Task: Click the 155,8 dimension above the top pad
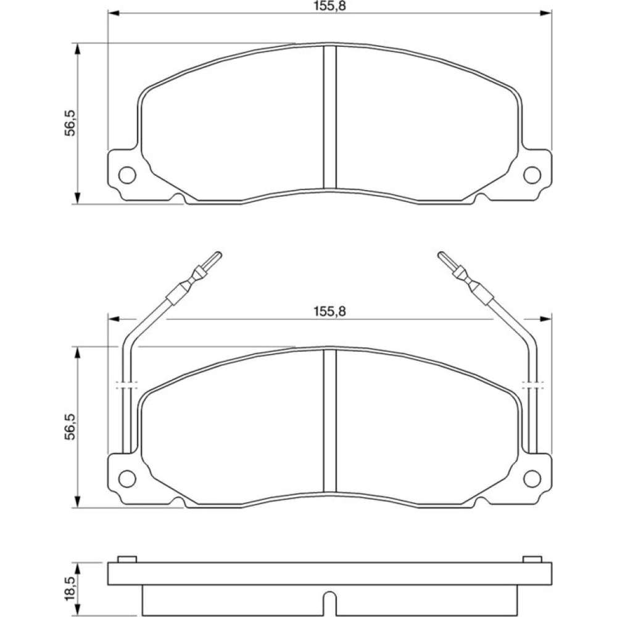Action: [x=329, y=6]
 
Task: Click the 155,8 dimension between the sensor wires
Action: [x=329, y=311]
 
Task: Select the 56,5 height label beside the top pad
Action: [x=70, y=123]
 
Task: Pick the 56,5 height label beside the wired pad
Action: [x=70, y=427]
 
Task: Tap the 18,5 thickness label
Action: [x=70, y=589]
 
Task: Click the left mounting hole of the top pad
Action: [x=127, y=175]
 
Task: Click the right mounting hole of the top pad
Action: [x=532, y=175]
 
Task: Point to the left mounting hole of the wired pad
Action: [x=127, y=479]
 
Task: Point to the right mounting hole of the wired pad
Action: [x=532, y=479]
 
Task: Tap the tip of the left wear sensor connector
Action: [x=219, y=254]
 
